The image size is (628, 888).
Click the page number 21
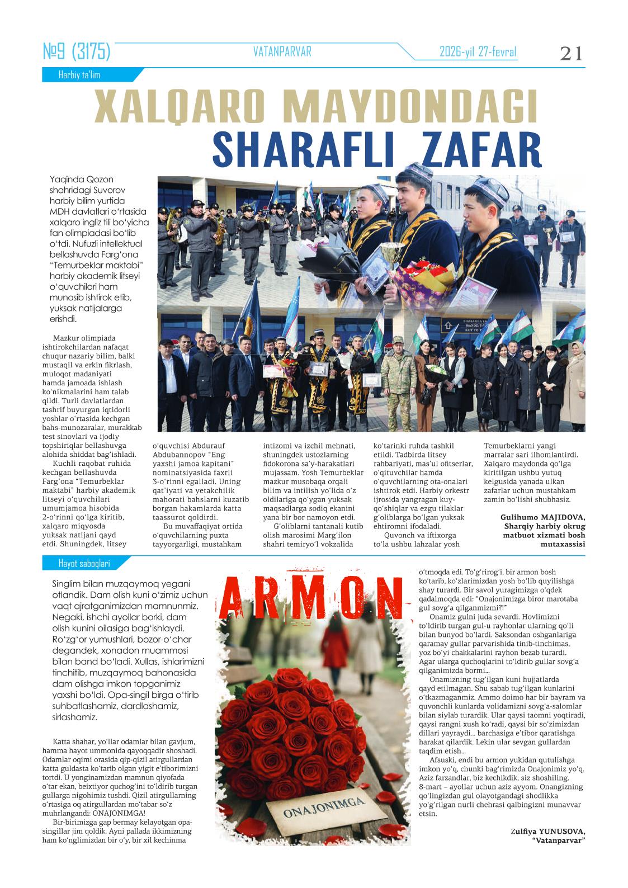pyautogui.click(x=571, y=53)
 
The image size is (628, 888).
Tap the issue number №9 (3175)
pyautogui.click(x=77, y=53)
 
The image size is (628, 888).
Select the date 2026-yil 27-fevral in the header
pyautogui.click(x=478, y=52)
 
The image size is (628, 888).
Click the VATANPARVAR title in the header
pyautogui.click(x=282, y=52)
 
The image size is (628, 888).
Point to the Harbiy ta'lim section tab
pyautogui.click(x=79, y=75)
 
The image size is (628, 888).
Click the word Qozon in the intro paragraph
pyautogui.click(x=100, y=180)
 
